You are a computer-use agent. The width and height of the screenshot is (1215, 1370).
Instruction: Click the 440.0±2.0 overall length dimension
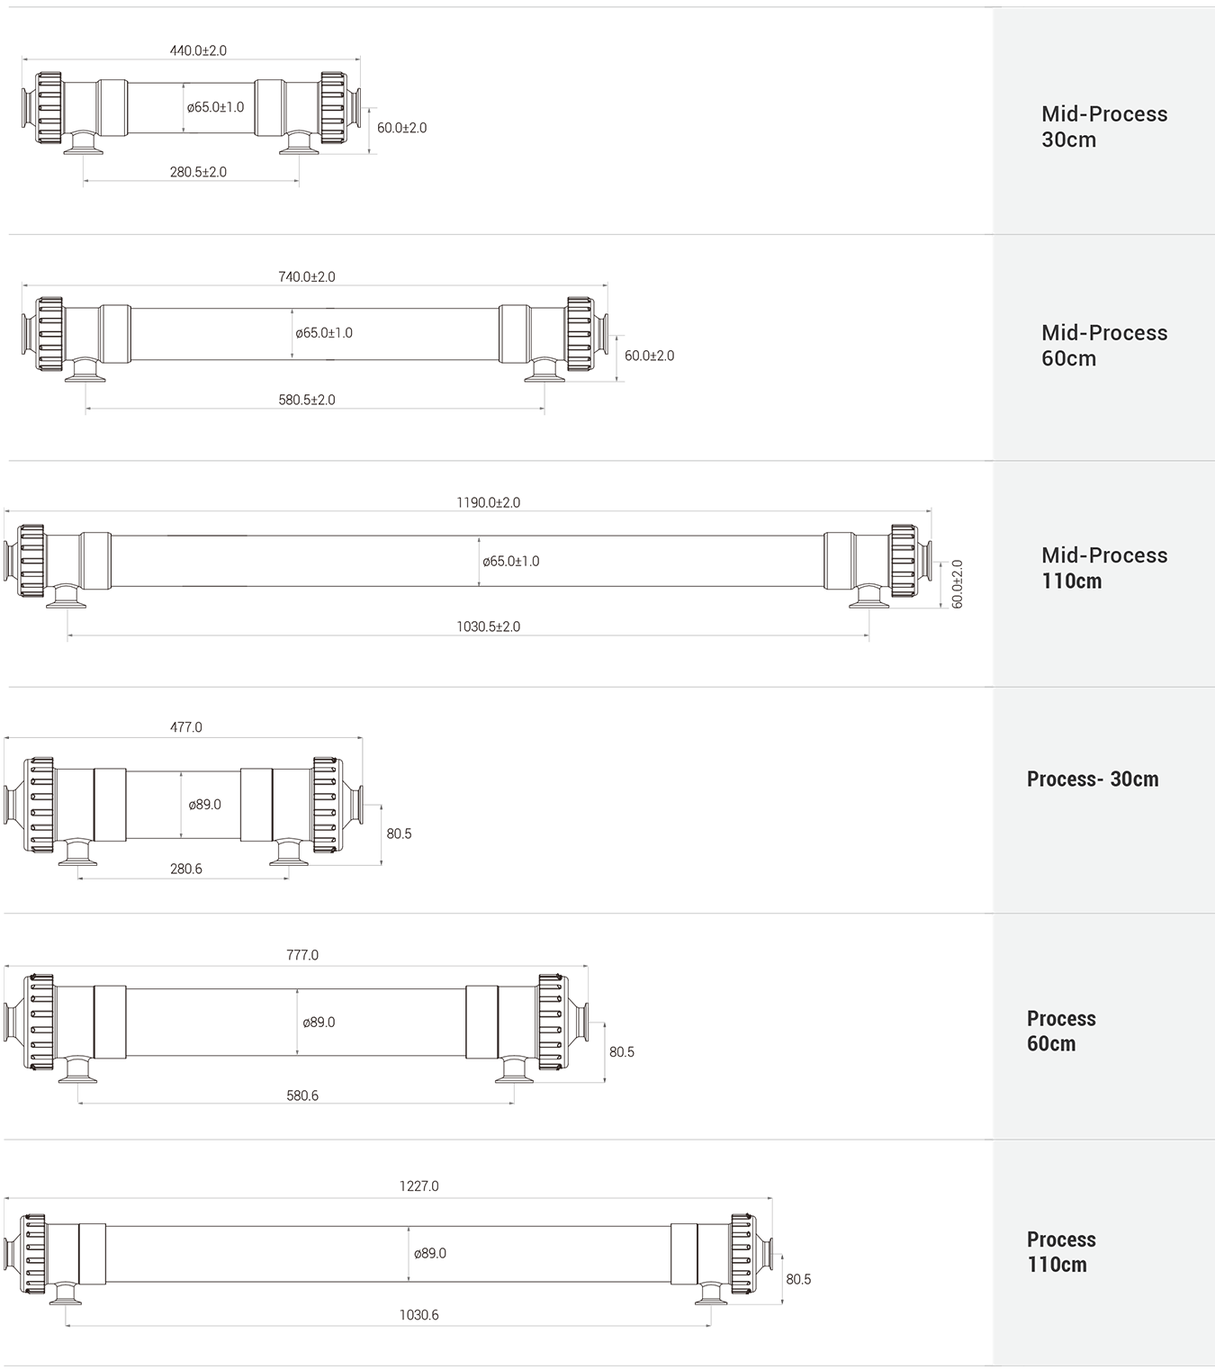click(x=198, y=50)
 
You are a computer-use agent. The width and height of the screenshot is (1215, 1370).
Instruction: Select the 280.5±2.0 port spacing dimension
click(x=198, y=172)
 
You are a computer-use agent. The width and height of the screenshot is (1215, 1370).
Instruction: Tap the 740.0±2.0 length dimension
click(x=307, y=276)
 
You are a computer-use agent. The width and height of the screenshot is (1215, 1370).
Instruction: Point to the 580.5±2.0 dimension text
click(x=307, y=400)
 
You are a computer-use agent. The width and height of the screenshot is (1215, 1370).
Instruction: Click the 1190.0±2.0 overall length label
click(x=488, y=502)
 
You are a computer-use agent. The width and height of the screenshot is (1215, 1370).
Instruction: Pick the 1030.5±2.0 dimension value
click(x=488, y=626)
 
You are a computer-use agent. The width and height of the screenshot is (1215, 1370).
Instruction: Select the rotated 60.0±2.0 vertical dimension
click(x=957, y=584)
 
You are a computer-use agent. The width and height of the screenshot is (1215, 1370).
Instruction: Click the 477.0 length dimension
click(x=186, y=727)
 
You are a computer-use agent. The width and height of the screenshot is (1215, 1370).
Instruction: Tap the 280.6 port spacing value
click(x=186, y=869)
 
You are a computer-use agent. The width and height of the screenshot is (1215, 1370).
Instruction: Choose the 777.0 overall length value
click(x=302, y=955)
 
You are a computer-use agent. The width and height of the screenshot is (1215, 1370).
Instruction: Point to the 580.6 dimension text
click(x=302, y=1095)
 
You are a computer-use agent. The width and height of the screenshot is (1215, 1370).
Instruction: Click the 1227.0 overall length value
click(x=419, y=1186)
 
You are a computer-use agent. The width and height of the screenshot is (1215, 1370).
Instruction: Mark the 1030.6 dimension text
click(x=419, y=1314)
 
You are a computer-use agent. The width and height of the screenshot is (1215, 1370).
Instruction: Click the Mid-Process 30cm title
click(x=1104, y=126)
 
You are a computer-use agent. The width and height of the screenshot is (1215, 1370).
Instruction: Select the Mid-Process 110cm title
click(x=1104, y=567)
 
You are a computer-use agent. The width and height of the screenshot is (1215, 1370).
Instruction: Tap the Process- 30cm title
click(x=1093, y=779)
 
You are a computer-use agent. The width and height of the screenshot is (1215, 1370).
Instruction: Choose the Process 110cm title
click(x=1061, y=1252)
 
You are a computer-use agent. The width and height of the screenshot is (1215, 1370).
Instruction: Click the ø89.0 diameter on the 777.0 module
click(x=319, y=1022)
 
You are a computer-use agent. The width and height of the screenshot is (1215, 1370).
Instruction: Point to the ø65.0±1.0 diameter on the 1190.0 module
click(x=510, y=562)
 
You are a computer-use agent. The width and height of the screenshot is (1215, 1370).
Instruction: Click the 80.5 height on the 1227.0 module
click(x=798, y=1279)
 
